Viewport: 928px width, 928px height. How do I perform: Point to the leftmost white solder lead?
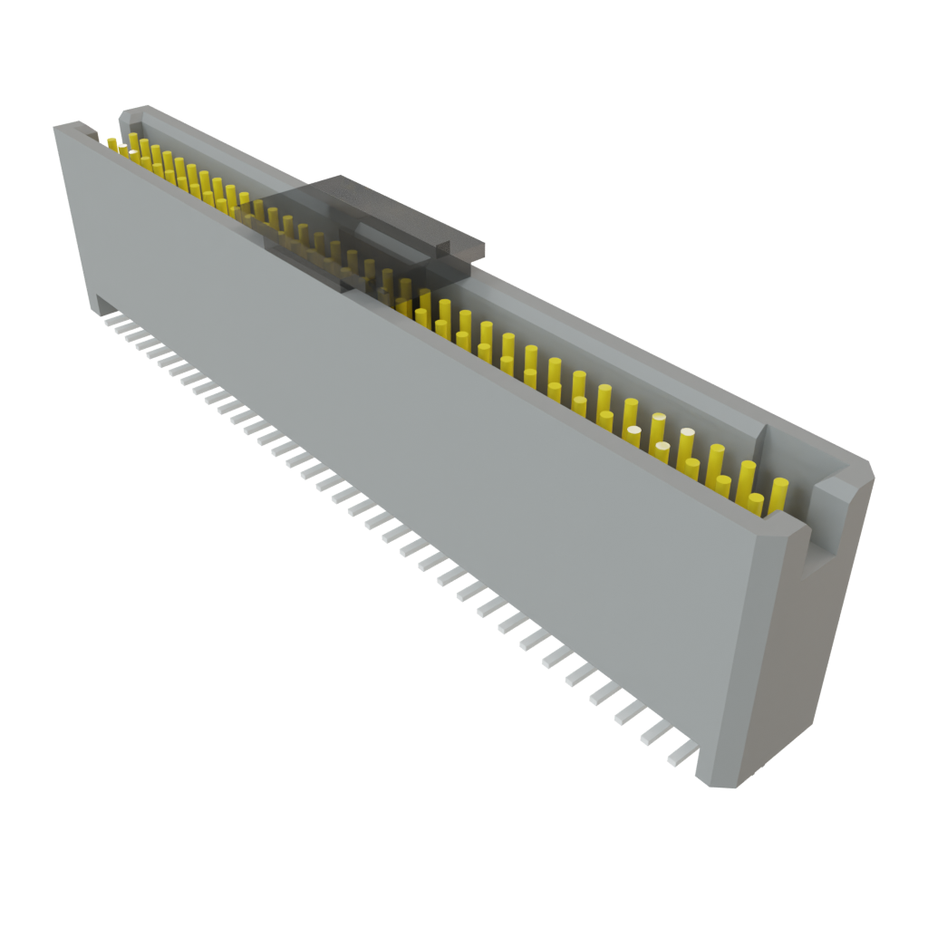(111, 319)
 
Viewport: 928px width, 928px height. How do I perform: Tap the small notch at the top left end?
(90, 134)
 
